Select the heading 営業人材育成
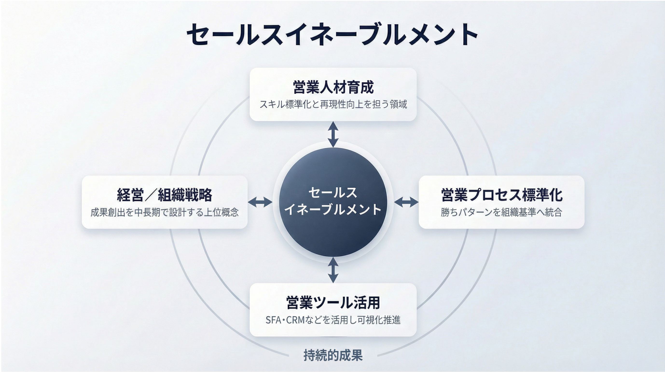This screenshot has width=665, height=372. click(x=333, y=87)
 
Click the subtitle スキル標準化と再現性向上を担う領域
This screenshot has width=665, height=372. click(x=333, y=104)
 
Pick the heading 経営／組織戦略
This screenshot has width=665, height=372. click(x=165, y=195)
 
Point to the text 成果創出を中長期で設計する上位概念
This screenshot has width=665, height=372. click(x=165, y=212)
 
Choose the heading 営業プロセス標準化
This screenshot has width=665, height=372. click(x=501, y=195)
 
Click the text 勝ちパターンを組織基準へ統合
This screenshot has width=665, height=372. click(x=501, y=212)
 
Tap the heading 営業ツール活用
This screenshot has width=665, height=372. click(x=333, y=303)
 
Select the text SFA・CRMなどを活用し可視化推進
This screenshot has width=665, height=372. click(x=333, y=320)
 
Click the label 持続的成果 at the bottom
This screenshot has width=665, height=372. click(x=333, y=355)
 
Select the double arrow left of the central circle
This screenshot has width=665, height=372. click(x=260, y=202)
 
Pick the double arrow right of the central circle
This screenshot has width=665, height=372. click(x=406, y=202)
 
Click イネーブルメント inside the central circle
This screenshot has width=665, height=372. click(x=333, y=210)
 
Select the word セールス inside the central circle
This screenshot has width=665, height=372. click(x=333, y=193)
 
